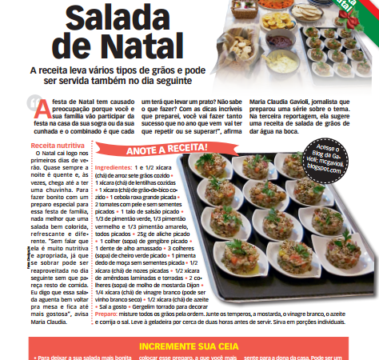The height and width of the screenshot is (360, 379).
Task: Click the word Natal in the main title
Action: [x=163, y=49]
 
